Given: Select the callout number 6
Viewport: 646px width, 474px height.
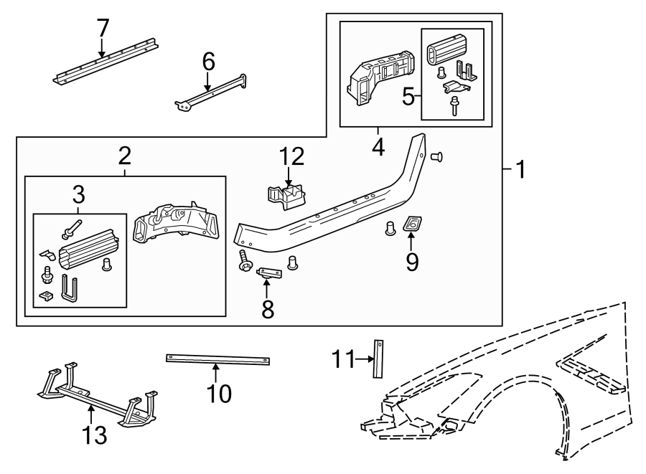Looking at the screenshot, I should click(208, 62).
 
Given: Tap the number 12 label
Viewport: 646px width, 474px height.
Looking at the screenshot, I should click(291, 157).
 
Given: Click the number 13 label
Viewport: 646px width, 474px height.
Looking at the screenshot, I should click(95, 435).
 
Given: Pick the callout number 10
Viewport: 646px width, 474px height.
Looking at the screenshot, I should click(220, 393).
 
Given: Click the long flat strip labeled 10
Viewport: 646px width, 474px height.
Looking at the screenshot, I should click(218, 359).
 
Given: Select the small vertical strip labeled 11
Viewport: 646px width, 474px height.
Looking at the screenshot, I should click(378, 357).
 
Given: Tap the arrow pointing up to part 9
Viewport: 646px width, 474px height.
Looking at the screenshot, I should click(412, 240).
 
